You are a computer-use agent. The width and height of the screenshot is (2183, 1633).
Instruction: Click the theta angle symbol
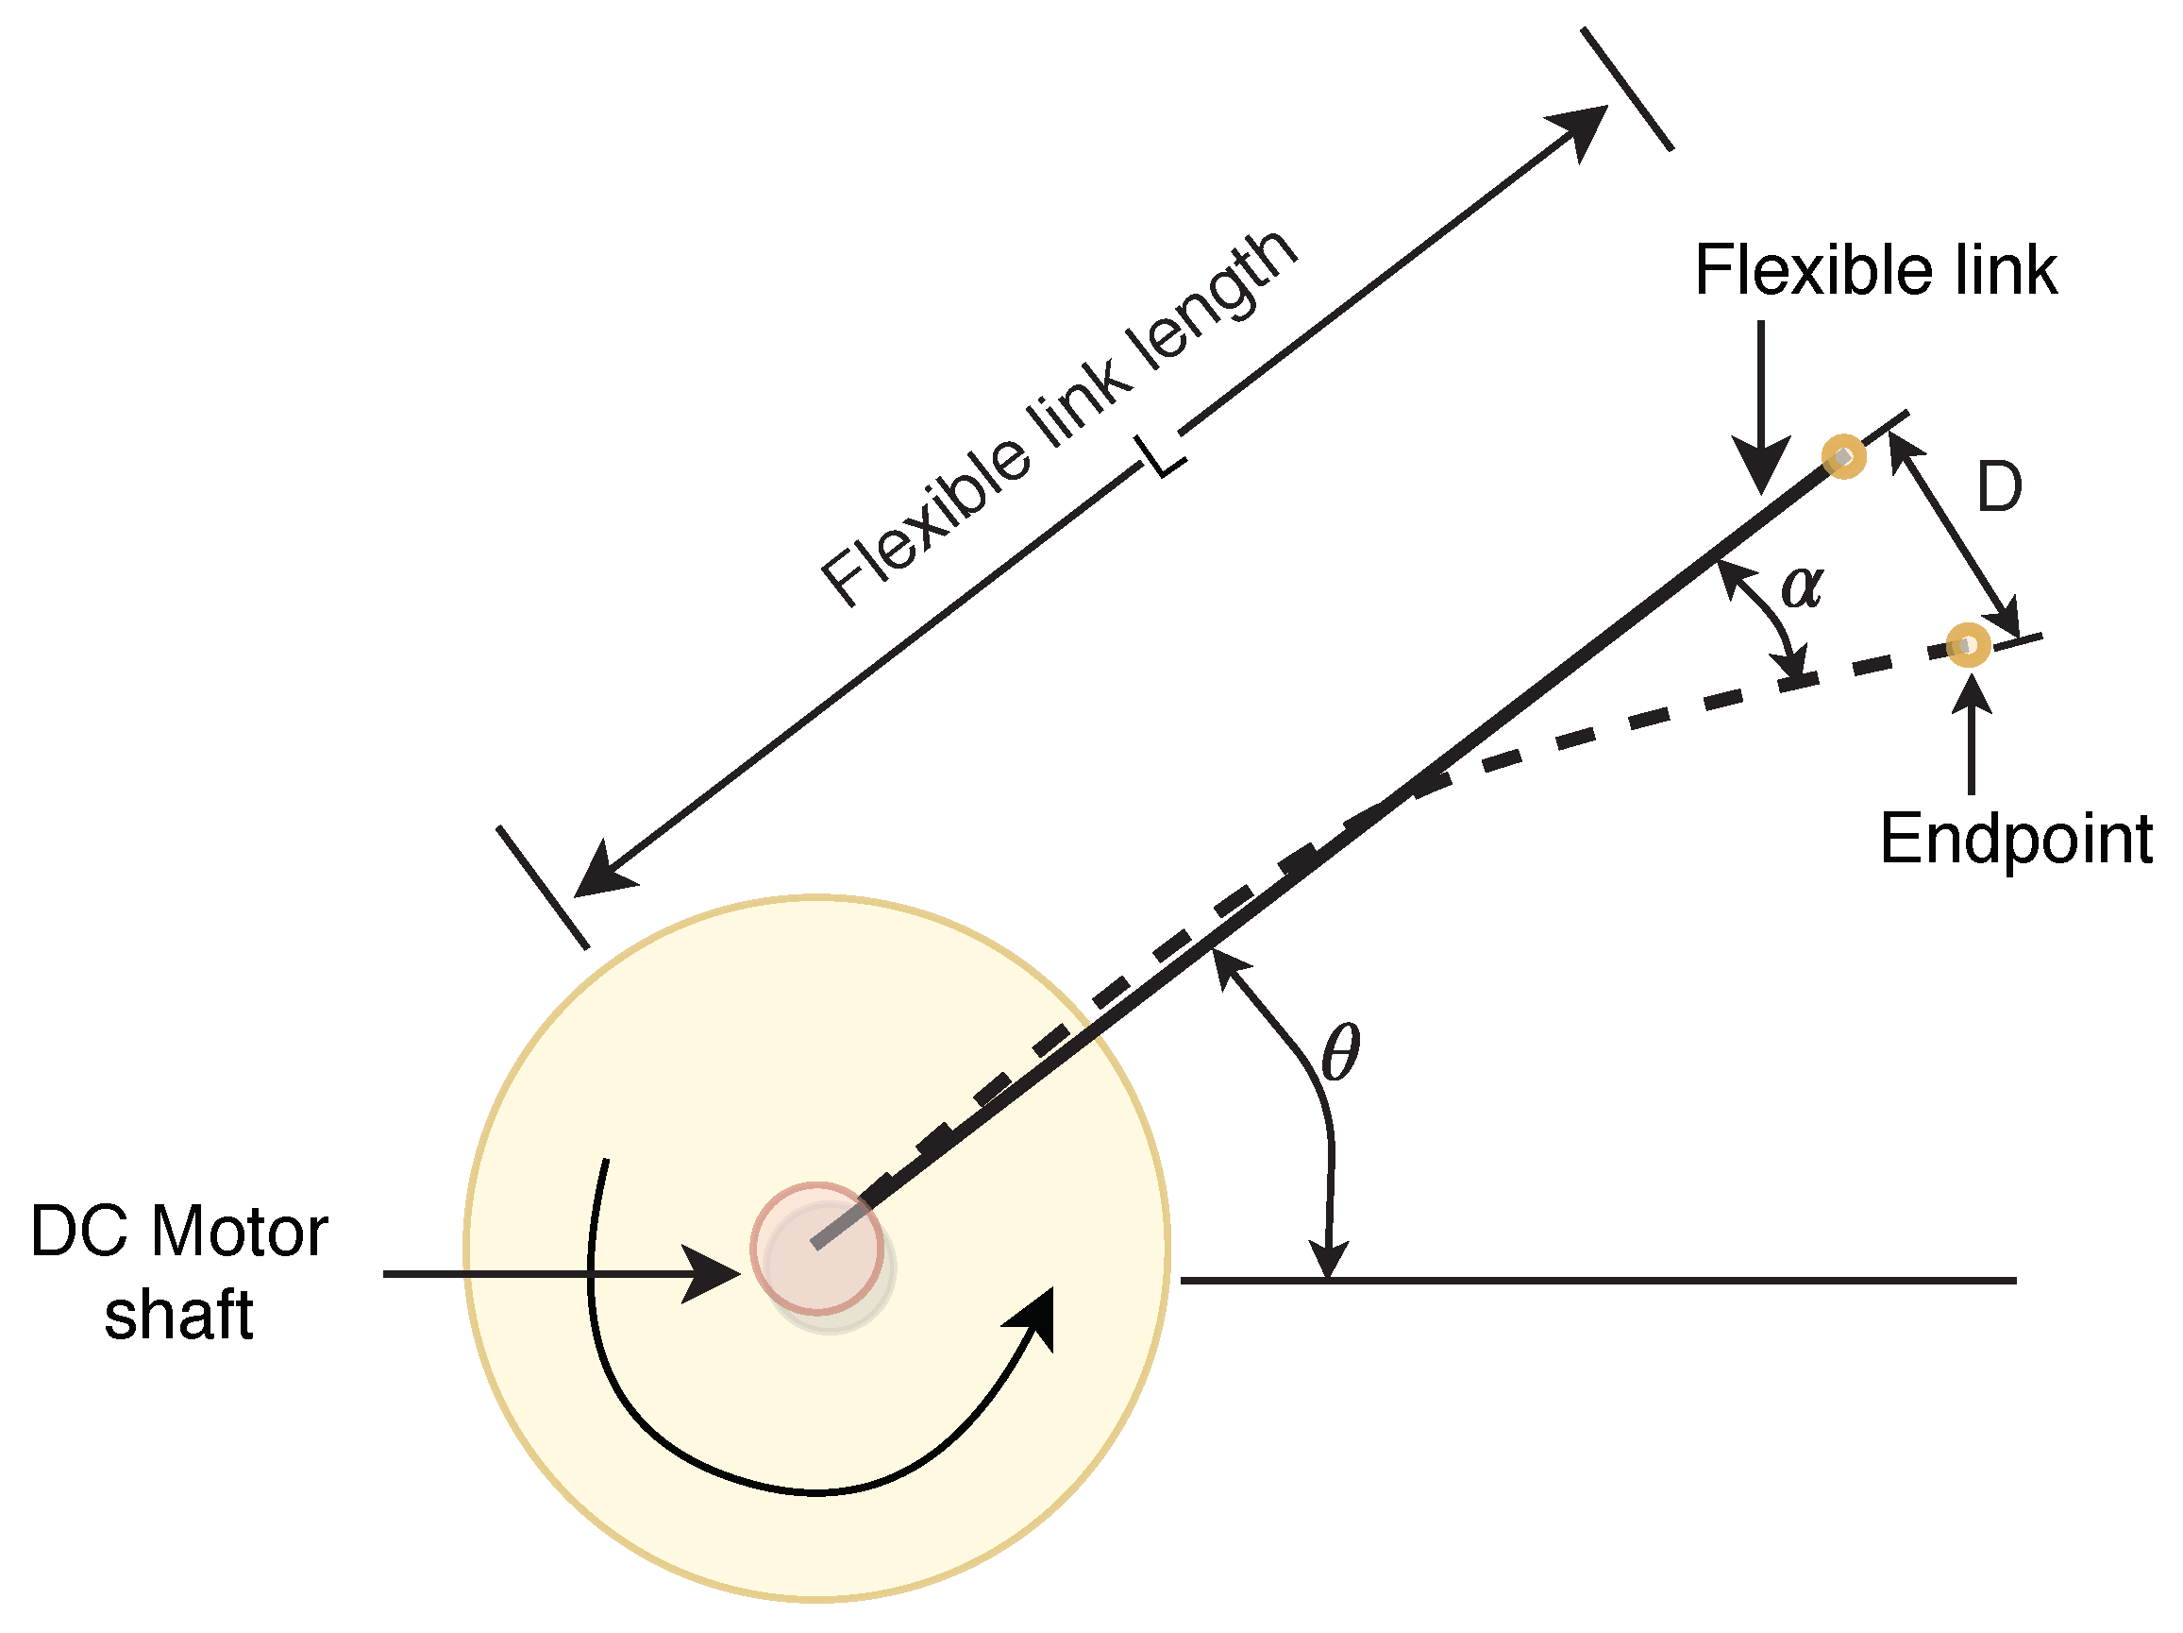pos(1340,1052)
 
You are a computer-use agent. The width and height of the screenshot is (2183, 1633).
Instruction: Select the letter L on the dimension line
pos(1163,456)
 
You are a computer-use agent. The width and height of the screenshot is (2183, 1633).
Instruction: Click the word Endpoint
pos(2015,840)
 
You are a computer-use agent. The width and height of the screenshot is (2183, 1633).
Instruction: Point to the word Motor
pos(239,1233)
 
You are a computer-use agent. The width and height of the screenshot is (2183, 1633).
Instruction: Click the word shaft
pos(178,1316)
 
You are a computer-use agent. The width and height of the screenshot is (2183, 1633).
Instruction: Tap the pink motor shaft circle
pos(817,1248)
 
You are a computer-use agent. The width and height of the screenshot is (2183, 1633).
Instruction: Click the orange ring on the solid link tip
pos(1843,456)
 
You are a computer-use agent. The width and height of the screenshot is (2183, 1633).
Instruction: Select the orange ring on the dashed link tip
pos(1969,646)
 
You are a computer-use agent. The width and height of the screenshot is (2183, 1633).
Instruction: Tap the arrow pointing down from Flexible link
pos(1760,464)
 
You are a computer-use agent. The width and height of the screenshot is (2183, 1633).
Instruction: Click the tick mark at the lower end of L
pos(543,887)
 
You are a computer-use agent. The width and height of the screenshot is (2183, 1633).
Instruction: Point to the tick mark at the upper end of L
pos(1627,89)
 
